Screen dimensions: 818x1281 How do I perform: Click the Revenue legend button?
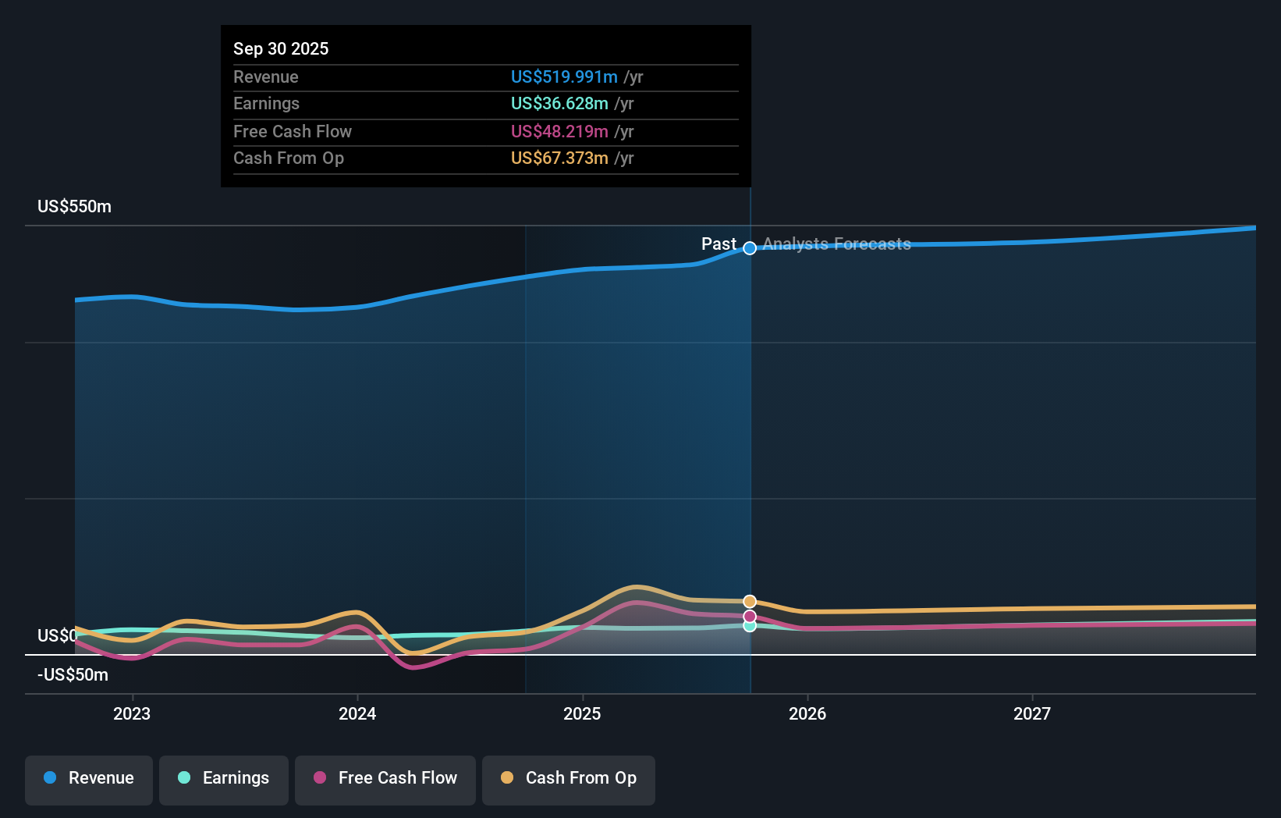(x=89, y=779)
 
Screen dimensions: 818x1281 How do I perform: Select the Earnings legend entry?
(x=224, y=779)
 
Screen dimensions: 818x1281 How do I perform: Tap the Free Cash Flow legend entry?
(x=385, y=779)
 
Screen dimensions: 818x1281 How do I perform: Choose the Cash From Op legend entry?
(x=569, y=779)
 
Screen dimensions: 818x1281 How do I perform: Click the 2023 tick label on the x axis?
(x=132, y=714)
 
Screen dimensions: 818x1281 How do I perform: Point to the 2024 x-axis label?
(x=357, y=714)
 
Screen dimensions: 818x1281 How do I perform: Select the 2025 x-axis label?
(x=582, y=714)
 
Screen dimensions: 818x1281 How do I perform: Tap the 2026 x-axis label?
(x=807, y=714)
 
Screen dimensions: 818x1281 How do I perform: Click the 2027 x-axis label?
(x=1032, y=714)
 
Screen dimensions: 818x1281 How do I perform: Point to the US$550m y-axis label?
(x=75, y=207)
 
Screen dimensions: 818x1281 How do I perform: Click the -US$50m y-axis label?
(x=73, y=675)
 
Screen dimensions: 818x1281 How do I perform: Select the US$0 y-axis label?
(x=57, y=636)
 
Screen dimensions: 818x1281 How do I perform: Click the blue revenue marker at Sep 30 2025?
(x=750, y=248)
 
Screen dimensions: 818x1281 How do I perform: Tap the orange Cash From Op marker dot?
(x=750, y=602)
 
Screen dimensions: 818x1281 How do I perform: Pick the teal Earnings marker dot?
(x=750, y=626)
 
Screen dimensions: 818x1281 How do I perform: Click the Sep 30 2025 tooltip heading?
(x=281, y=49)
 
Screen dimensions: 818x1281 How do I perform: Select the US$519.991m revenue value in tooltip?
(x=564, y=77)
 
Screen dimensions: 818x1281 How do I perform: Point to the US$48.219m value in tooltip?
(x=559, y=132)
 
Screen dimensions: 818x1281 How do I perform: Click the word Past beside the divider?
(x=719, y=244)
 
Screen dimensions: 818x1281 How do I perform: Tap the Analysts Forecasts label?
(x=836, y=244)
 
